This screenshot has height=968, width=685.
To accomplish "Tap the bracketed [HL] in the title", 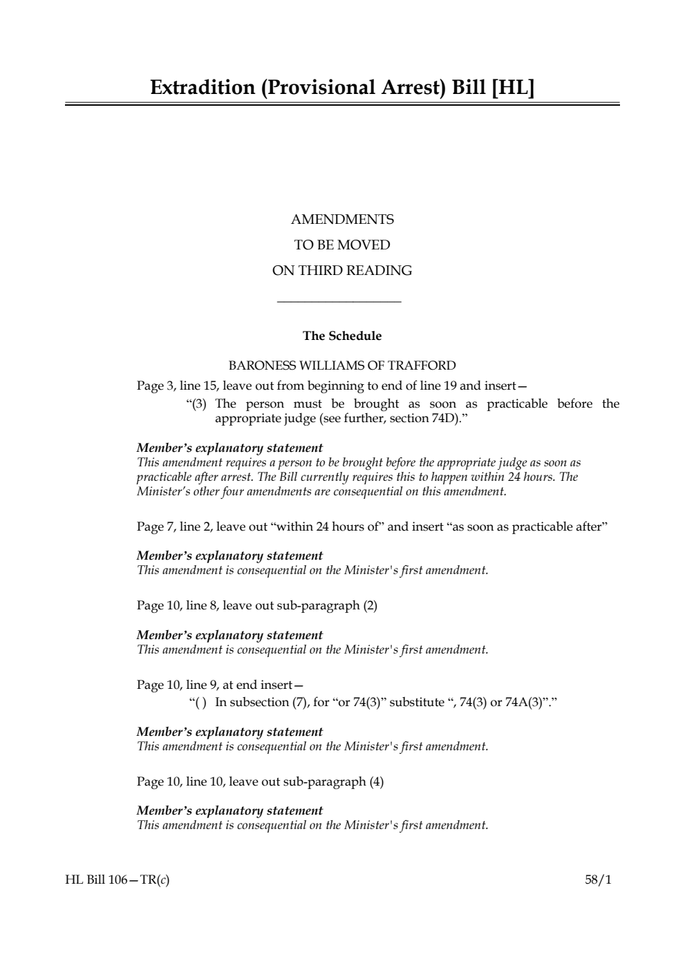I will click(x=512, y=88).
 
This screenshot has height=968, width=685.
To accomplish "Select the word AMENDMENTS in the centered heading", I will click(x=342, y=220).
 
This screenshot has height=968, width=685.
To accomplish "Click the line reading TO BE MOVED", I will click(x=342, y=245).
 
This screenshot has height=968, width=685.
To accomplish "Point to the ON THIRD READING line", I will click(x=342, y=271).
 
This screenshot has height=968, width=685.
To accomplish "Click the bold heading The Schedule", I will click(x=342, y=336).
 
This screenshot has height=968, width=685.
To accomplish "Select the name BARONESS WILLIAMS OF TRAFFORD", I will click(x=342, y=366).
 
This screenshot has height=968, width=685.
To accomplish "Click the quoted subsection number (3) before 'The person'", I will click(x=200, y=404).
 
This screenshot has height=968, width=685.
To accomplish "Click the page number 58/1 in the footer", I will click(x=598, y=880).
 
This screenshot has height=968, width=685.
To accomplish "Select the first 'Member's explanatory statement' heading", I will click(x=229, y=448).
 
